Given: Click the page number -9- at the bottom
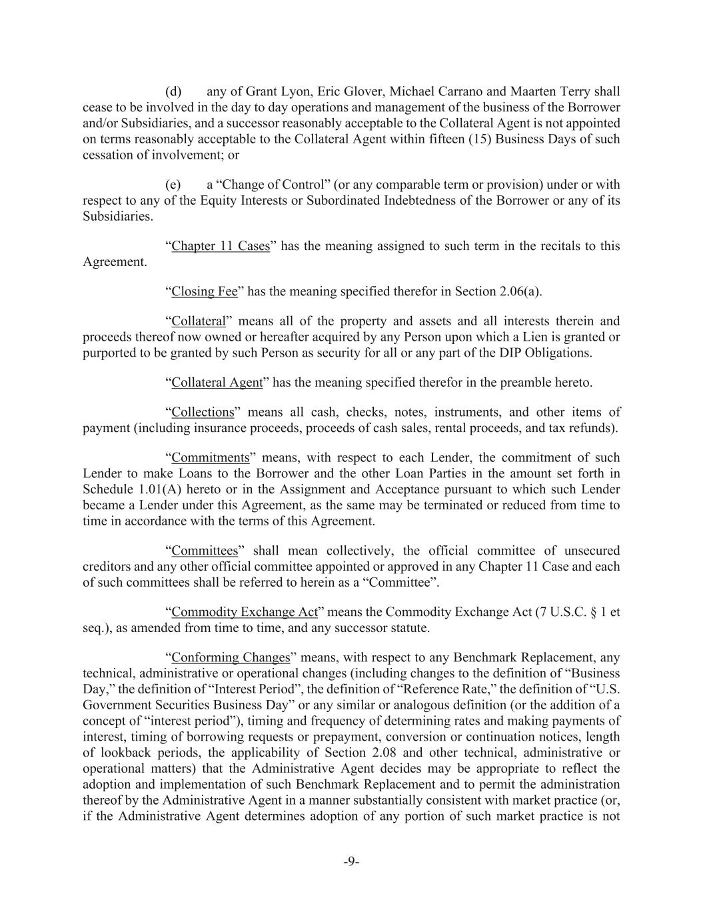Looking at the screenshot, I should pyautogui.click(x=351, y=861).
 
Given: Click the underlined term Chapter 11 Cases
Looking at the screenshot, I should pyautogui.click(x=221, y=246).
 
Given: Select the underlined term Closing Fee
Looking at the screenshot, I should pyautogui.click(x=205, y=291).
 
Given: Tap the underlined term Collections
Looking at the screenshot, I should pyautogui.click(x=203, y=412).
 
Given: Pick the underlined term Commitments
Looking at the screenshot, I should pyautogui.click(x=210, y=457).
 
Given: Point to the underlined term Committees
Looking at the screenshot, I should pyautogui.click(x=205, y=551).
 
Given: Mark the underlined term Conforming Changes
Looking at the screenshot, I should pyautogui.click(x=231, y=657).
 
